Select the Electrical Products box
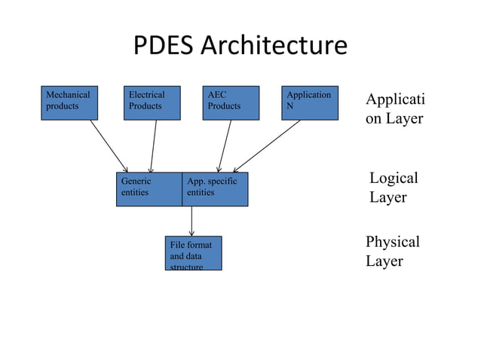click(152, 102)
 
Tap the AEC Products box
click(231, 102)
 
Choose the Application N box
click(310, 102)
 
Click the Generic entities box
click(149, 189)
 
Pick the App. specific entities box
click(215, 189)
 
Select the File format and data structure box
click(193, 253)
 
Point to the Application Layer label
click(395, 109)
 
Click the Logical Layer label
click(393, 188)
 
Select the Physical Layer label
click(392, 252)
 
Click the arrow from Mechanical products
click(109, 146)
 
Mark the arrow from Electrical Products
click(154, 146)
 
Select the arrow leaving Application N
click(268, 146)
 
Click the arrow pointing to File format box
click(192, 221)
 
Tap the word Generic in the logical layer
click(136, 181)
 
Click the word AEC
click(217, 95)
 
